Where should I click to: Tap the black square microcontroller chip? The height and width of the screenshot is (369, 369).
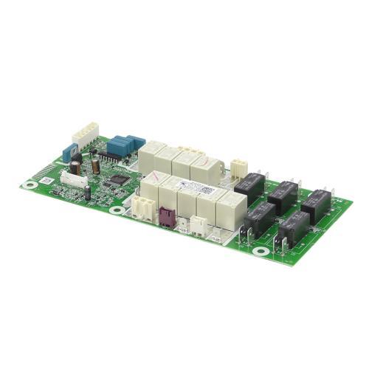(117, 178)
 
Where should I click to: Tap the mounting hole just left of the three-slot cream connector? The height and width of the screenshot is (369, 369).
(117, 210)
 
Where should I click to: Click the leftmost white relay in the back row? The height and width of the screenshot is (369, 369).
(152, 155)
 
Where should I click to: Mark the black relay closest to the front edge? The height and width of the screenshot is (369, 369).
(293, 228)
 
